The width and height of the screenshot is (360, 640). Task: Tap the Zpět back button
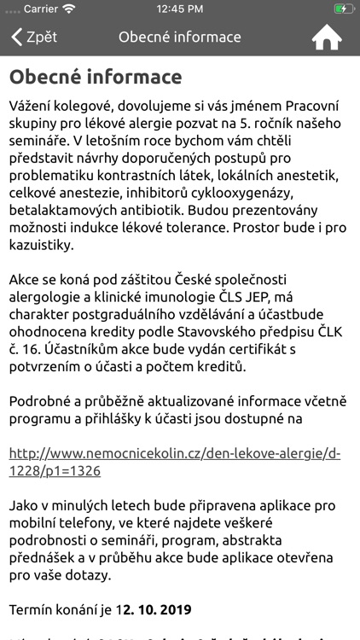click(x=34, y=38)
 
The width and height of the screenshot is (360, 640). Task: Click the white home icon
click(x=326, y=38)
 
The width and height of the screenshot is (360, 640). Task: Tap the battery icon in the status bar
click(x=343, y=9)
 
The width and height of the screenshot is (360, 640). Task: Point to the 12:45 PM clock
click(x=180, y=9)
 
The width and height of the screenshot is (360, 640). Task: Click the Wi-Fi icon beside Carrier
click(x=69, y=9)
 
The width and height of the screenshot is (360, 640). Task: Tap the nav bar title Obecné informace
click(x=180, y=38)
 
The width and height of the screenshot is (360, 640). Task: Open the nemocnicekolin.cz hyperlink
click(x=175, y=462)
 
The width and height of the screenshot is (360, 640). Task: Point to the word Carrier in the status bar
click(x=39, y=9)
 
